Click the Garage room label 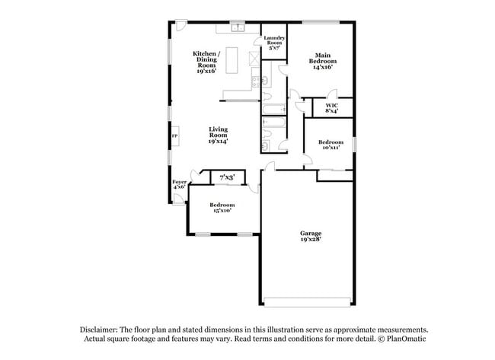310,233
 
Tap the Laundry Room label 274,43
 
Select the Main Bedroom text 324,60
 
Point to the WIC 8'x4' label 332,108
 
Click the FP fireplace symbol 174,136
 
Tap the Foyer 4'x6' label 179,184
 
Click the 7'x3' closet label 227,177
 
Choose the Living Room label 219,135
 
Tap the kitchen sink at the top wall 237,28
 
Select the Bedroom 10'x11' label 331,145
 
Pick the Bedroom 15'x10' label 222,207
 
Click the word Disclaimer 99,328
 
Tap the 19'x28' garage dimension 310,239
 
